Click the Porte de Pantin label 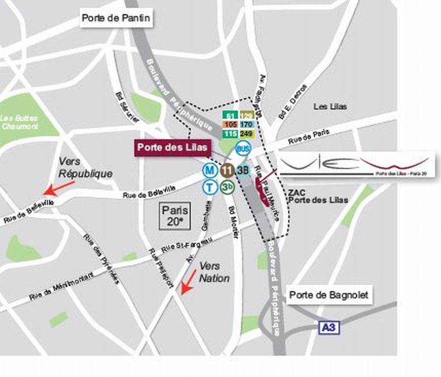click(x=116, y=18)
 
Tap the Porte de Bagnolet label click(x=328, y=295)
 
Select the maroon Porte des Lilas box click(x=172, y=147)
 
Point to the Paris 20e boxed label click(x=175, y=216)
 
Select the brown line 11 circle click(x=227, y=170)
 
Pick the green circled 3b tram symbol click(x=227, y=187)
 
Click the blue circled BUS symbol click(x=243, y=149)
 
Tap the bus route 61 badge click(x=231, y=116)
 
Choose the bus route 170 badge click(x=246, y=125)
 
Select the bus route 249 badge click(x=246, y=134)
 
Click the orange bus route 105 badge click(x=231, y=125)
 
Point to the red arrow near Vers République click(x=59, y=188)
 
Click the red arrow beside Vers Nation click(x=188, y=282)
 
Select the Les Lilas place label click(x=330, y=107)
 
